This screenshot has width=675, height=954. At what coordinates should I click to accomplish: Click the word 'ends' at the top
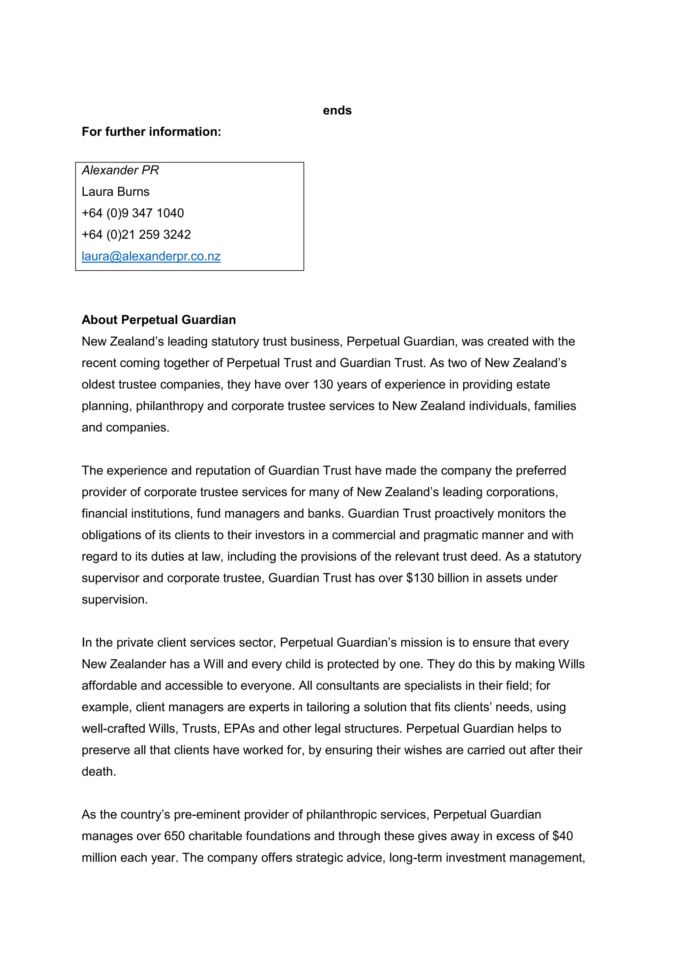click(337, 111)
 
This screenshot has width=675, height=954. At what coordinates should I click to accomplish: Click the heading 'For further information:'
click(151, 132)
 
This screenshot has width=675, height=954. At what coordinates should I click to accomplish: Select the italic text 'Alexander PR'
click(120, 170)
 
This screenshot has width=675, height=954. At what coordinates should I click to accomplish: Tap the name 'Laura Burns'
click(115, 191)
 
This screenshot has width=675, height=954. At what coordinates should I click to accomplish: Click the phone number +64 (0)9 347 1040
click(132, 213)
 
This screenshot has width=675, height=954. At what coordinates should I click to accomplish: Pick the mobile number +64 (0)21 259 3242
click(136, 235)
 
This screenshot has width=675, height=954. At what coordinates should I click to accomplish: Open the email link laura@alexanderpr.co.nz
click(151, 256)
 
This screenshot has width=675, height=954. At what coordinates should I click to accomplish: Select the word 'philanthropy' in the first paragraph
click(170, 406)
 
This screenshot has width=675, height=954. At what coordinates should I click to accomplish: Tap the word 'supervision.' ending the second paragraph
click(115, 600)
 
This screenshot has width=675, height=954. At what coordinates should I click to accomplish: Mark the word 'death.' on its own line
click(99, 772)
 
